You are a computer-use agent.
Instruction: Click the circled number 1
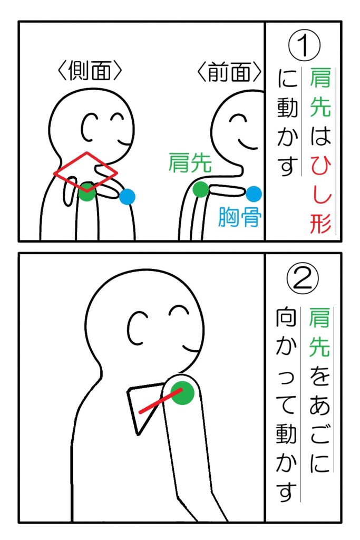[304, 46]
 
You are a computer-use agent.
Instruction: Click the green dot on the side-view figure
[87, 192]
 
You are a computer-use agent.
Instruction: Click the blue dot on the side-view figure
[128, 197]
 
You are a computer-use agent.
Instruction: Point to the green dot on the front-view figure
[201, 190]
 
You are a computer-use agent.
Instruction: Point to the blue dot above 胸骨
[254, 194]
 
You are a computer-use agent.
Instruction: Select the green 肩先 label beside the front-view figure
[190, 162]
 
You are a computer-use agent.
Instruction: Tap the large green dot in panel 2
[183, 392]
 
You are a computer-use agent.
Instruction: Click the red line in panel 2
[160, 401]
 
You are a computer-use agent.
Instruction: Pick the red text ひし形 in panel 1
[320, 195]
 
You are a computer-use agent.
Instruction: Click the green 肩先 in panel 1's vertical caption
[320, 92]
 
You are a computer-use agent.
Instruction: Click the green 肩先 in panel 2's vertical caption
[319, 332]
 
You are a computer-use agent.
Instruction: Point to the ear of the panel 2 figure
[137, 329]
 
